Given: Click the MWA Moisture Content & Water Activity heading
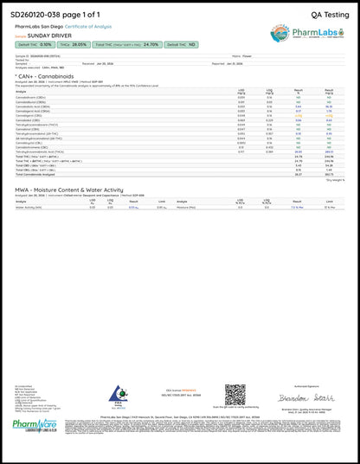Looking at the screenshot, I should click(x=69, y=189).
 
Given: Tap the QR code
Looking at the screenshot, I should click(x=235, y=394).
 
